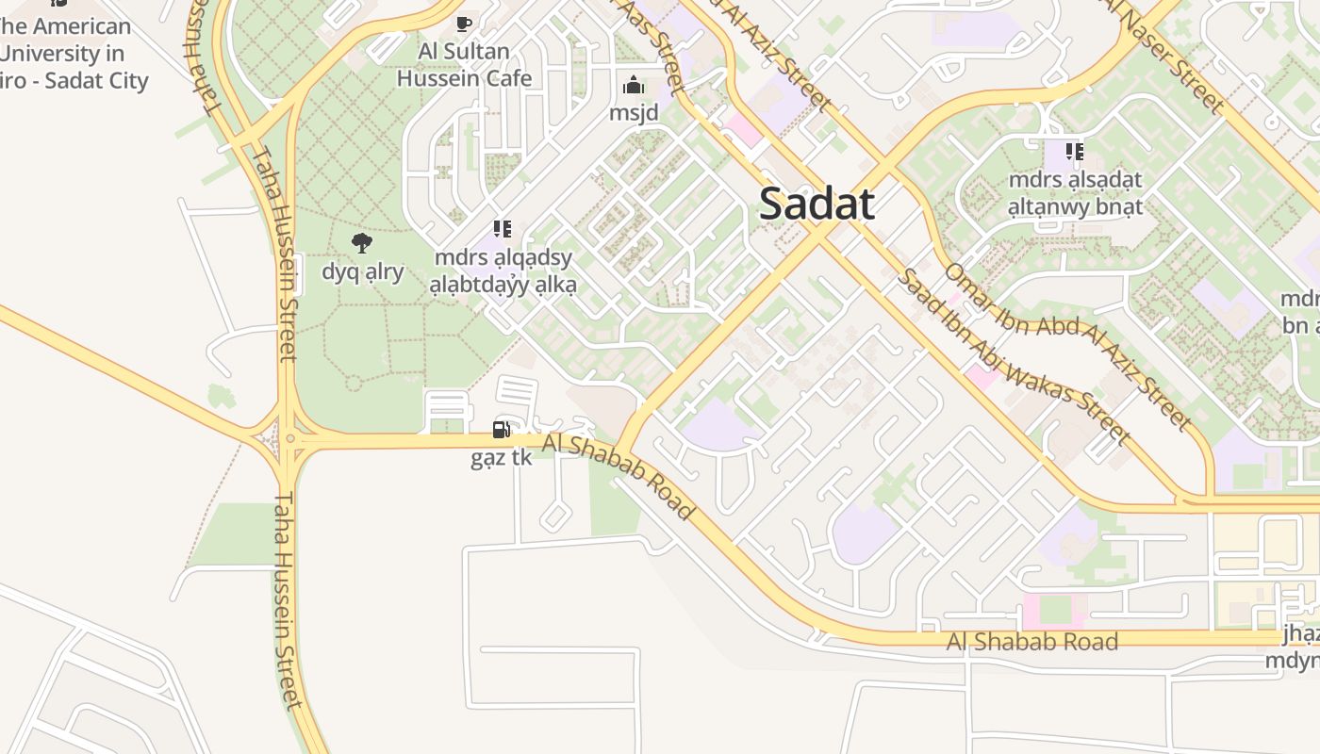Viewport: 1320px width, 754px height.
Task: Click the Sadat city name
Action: tap(817, 204)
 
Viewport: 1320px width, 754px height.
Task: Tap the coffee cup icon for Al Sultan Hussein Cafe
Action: tap(463, 24)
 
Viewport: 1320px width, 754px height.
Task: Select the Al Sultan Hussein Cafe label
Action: tap(464, 65)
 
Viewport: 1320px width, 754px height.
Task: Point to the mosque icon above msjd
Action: tap(634, 86)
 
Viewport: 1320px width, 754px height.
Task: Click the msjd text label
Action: tap(634, 113)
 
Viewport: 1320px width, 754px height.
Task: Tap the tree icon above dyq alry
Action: tap(362, 243)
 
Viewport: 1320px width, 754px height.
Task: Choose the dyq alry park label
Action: tap(363, 272)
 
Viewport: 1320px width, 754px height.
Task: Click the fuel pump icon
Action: tap(502, 430)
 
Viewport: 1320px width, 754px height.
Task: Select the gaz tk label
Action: tap(502, 458)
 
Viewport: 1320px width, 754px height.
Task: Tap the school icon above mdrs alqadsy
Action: tap(503, 229)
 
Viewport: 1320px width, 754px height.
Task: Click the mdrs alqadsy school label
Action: tap(503, 270)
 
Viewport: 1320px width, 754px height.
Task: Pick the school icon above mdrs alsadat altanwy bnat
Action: tap(1075, 151)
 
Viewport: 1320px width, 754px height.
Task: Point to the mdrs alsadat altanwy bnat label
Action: tap(1075, 192)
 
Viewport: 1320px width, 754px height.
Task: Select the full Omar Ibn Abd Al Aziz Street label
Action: tap(1067, 346)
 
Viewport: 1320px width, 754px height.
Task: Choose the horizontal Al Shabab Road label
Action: tap(1032, 642)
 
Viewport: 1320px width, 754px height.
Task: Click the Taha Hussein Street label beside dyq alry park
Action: tap(275, 253)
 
